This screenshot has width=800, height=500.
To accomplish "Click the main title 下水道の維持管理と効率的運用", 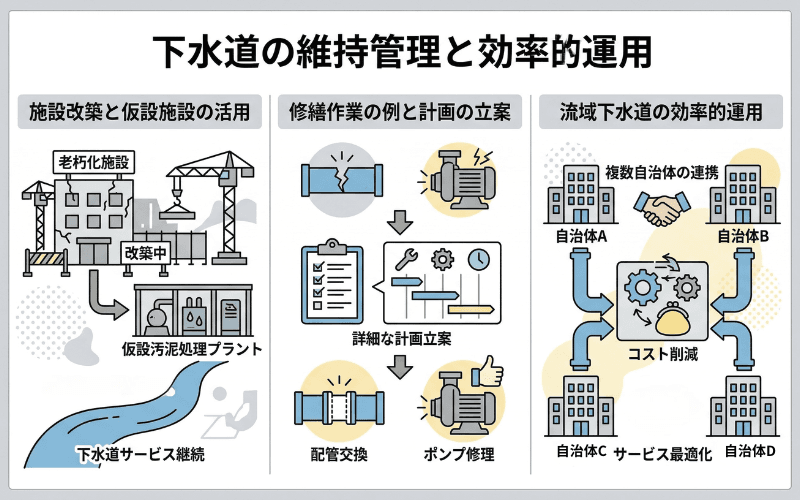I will (x=400, y=48).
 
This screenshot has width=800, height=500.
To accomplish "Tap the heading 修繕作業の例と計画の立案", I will (x=400, y=111).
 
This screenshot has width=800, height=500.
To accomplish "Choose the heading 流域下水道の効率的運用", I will (x=660, y=111).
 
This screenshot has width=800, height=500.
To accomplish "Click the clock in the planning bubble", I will (x=479, y=257).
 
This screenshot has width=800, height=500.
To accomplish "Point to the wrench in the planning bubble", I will (x=409, y=259).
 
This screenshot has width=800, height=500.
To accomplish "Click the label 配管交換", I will (x=339, y=455).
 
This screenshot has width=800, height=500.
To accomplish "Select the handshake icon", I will (x=661, y=209).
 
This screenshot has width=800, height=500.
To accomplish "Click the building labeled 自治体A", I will (x=577, y=195).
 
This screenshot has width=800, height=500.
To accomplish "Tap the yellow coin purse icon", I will (x=670, y=319).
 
